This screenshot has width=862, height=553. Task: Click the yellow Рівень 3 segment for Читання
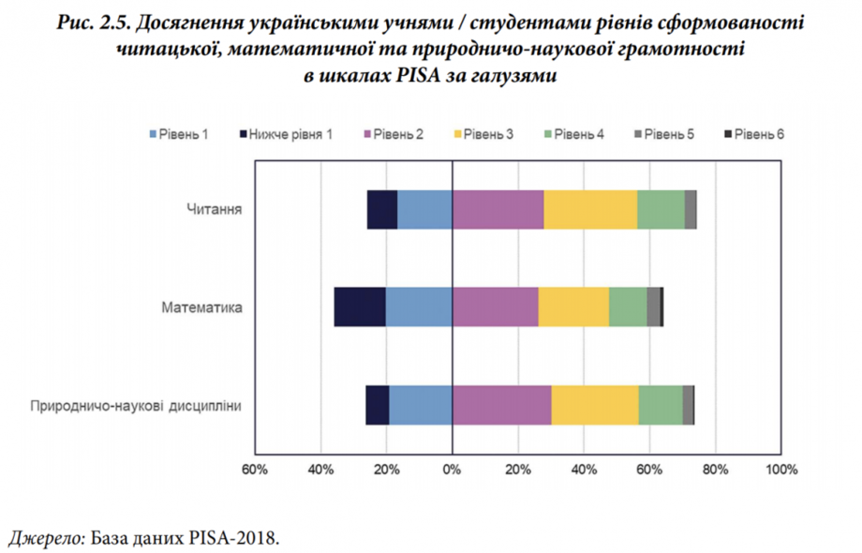pos(590,209)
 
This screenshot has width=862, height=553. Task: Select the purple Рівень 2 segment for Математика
pos(495,306)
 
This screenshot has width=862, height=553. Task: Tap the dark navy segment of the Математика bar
pos(360,306)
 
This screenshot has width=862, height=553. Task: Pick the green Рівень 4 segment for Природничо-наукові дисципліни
pos(661,405)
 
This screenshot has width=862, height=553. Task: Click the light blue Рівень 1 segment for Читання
pos(424,209)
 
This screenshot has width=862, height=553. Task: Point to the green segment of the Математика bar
pos(628,306)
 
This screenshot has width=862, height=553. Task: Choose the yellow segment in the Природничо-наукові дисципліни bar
pos(595,405)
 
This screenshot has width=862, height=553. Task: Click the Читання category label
pos(215,209)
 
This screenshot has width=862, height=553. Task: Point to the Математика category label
pos(202,306)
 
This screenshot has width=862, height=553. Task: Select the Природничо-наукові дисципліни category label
pos(137,406)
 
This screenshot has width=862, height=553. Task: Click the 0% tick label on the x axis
pos(453,469)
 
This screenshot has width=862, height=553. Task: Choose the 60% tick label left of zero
pos(255,469)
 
